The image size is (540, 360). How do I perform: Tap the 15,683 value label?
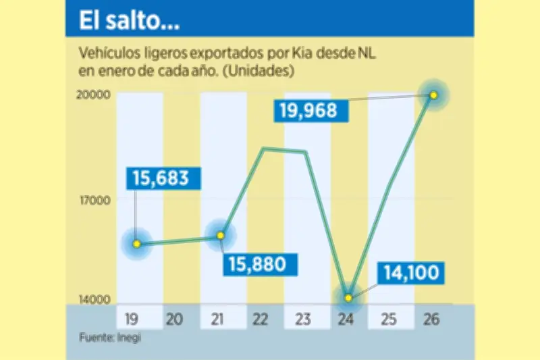point(165,179)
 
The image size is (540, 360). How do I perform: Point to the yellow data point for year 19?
point(137,244)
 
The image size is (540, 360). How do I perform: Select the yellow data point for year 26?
point(434,95)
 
